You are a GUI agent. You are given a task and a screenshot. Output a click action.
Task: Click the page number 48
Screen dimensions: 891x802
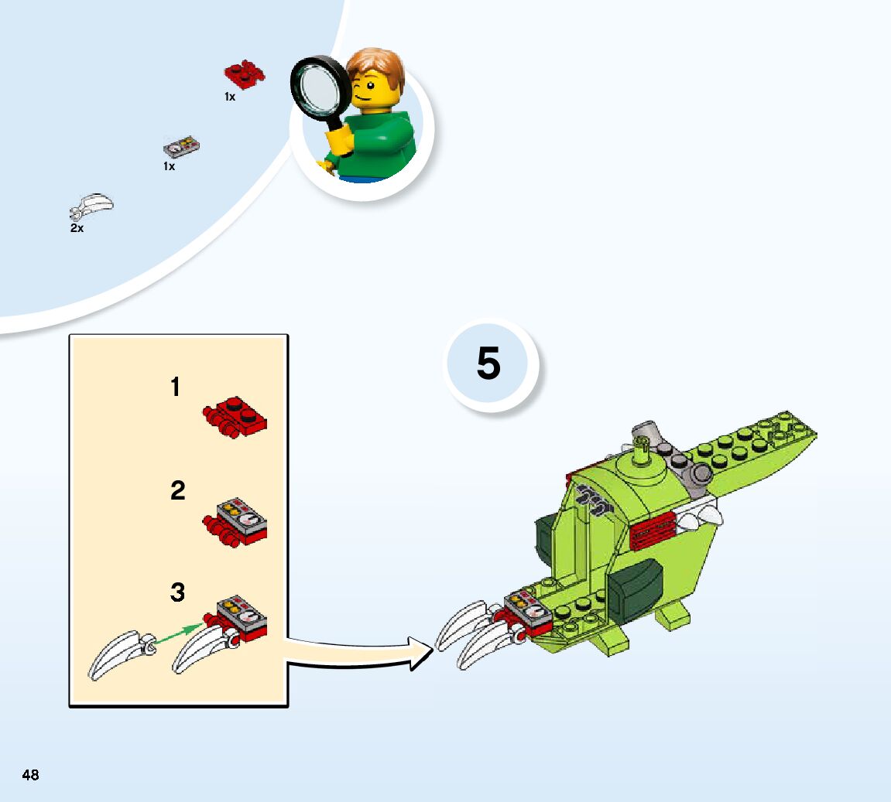(x=31, y=775)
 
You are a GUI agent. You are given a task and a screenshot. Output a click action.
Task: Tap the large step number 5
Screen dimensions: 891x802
(x=488, y=363)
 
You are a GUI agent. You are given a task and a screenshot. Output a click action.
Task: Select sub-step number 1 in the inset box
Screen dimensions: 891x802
(x=176, y=387)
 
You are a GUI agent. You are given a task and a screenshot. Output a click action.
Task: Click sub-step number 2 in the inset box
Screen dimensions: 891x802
(x=178, y=490)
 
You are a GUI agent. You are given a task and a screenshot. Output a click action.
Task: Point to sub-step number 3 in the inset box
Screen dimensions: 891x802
(x=178, y=592)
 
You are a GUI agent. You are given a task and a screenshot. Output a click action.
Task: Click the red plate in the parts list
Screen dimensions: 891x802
(x=245, y=73)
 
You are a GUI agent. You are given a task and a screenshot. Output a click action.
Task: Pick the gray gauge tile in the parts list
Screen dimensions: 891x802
(x=182, y=147)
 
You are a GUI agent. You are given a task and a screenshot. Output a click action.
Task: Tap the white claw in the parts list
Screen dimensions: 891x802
(x=92, y=206)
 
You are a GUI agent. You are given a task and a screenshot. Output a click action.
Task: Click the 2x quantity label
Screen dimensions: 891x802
(x=77, y=228)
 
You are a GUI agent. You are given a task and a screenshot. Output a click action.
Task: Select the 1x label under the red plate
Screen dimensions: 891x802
(x=230, y=97)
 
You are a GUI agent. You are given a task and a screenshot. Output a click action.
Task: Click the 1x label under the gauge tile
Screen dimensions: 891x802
(x=169, y=166)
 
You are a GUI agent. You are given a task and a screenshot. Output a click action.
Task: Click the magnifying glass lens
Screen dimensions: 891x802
(x=319, y=87)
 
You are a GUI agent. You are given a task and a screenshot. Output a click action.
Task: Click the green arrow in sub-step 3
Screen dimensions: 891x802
(x=178, y=633)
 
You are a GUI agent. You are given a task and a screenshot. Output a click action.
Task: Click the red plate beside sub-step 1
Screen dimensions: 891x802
(x=235, y=417)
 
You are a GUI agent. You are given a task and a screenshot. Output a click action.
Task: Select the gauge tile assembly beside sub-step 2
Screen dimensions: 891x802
(x=235, y=522)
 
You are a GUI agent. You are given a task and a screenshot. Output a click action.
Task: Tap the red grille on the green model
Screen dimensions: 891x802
(x=653, y=531)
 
